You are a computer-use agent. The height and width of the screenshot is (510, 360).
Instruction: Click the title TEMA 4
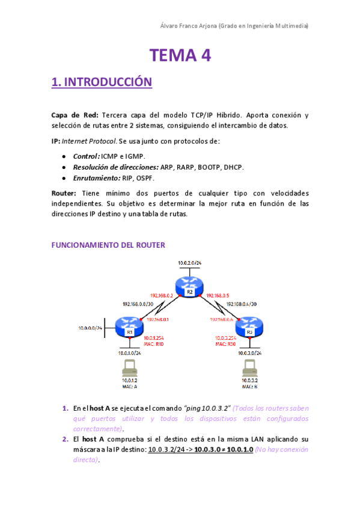[x=180, y=56]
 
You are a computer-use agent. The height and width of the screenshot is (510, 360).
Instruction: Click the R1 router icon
[x=129, y=328]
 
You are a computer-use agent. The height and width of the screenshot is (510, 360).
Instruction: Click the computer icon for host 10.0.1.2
[x=129, y=369]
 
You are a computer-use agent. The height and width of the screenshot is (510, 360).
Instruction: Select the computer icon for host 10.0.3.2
[x=249, y=369]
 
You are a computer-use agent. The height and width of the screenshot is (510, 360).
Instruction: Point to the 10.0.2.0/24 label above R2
[x=189, y=263]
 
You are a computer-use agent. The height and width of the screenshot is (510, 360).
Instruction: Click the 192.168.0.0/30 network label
[x=136, y=304]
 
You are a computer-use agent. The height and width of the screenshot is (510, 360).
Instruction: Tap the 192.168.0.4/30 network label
[x=242, y=304]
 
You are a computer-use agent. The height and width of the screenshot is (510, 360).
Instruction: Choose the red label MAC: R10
[x=154, y=344]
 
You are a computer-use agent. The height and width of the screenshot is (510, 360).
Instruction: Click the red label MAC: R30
[x=225, y=344]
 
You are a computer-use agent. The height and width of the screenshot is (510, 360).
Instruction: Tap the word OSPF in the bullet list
[x=162, y=178]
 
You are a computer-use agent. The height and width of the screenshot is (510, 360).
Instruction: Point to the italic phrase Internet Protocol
[x=87, y=141]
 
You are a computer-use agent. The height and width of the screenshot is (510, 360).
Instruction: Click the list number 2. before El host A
[x=66, y=439]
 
